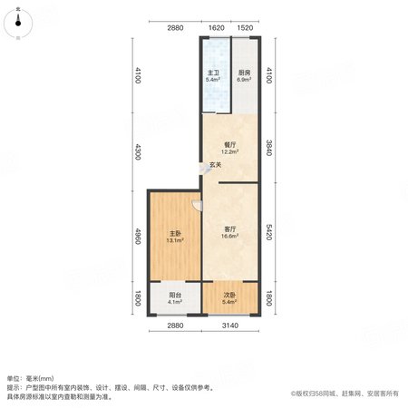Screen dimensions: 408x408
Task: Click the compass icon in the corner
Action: pyautogui.click(x=18, y=24)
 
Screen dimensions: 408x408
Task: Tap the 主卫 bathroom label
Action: pyautogui.click(x=213, y=73)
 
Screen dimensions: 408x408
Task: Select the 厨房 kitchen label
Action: pyautogui.click(x=244, y=73)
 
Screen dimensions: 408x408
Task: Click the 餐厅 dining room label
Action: pyautogui.click(x=230, y=145)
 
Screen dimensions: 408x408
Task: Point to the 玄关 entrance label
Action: pyautogui.click(x=216, y=165)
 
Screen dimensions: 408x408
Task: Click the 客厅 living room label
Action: pyautogui.click(x=230, y=229)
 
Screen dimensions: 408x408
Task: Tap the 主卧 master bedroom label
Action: pyautogui.click(x=175, y=234)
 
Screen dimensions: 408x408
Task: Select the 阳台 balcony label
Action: pyautogui.click(x=175, y=295)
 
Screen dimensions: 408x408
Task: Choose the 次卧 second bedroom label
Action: pyautogui.click(x=230, y=295)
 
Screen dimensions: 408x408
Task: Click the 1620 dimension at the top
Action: pyautogui.click(x=217, y=28)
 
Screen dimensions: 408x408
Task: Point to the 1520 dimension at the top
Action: pyautogui.click(x=245, y=28)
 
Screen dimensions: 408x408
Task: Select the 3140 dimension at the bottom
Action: pyautogui.click(x=230, y=325)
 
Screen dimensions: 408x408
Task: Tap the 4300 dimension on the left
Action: pyautogui.click(x=138, y=152)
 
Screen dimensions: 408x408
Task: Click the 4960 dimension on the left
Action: pyautogui.click(x=138, y=237)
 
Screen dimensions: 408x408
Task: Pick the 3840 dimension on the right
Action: pyautogui.click(x=268, y=148)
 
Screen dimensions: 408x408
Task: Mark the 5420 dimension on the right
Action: pyautogui.click(x=268, y=232)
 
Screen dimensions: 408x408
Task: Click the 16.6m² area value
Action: pyautogui.click(x=230, y=236)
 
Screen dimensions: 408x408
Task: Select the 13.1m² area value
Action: pyautogui.click(x=175, y=240)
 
